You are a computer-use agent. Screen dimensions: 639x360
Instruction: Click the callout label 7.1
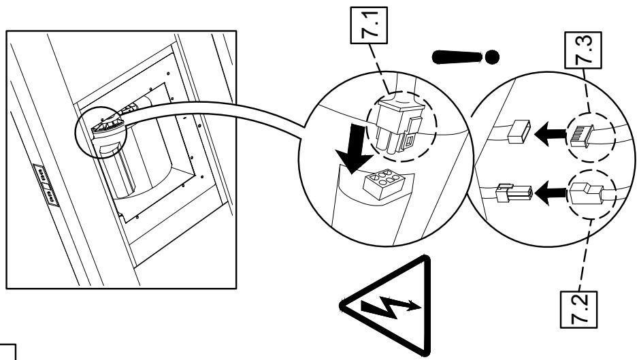(x=369, y=25)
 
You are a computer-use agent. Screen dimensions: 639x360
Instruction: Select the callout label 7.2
(x=578, y=310)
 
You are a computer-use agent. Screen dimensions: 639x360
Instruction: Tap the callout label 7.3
(x=583, y=50)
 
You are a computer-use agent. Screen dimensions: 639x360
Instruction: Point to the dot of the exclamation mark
(x=492, y=57)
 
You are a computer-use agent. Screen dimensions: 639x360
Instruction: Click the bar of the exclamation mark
(x=457, y=57)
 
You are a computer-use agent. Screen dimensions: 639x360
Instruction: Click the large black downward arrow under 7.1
(x=354, y=149)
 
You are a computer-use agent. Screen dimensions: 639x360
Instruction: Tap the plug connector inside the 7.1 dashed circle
(x=400, y=127)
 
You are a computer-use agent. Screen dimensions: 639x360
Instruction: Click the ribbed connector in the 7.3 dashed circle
(x=583, y=136)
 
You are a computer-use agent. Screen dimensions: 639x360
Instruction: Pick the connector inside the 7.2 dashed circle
(x=587, y=193)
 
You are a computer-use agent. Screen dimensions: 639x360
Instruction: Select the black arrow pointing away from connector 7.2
(x=550, y=193)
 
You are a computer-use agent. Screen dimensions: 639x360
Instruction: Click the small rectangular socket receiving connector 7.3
(x=519, y=131)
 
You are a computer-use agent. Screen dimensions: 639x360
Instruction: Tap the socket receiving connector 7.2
(x=514, y=193)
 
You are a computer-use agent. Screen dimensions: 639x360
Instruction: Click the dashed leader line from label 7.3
(x=586, y=91)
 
